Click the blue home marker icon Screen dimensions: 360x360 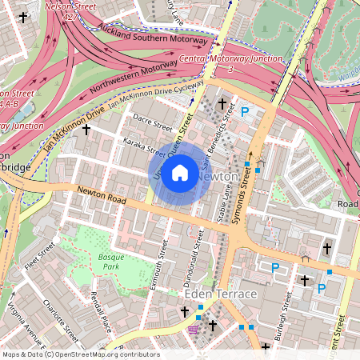pos(180,173)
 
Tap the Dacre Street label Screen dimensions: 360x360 pos(153,122)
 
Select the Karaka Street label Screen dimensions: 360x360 pos(145,146)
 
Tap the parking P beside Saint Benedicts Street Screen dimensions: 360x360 pos(246,113)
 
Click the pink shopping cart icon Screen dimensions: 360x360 pos(193,329)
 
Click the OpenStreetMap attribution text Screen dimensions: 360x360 pos(80,354)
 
